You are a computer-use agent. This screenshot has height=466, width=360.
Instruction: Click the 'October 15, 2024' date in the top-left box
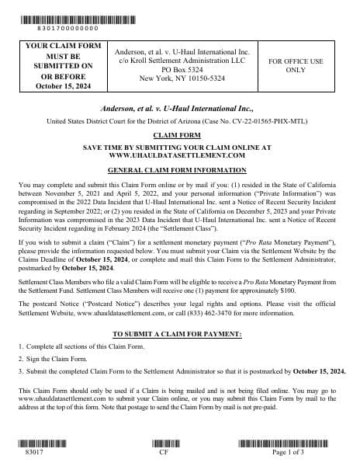59,85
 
